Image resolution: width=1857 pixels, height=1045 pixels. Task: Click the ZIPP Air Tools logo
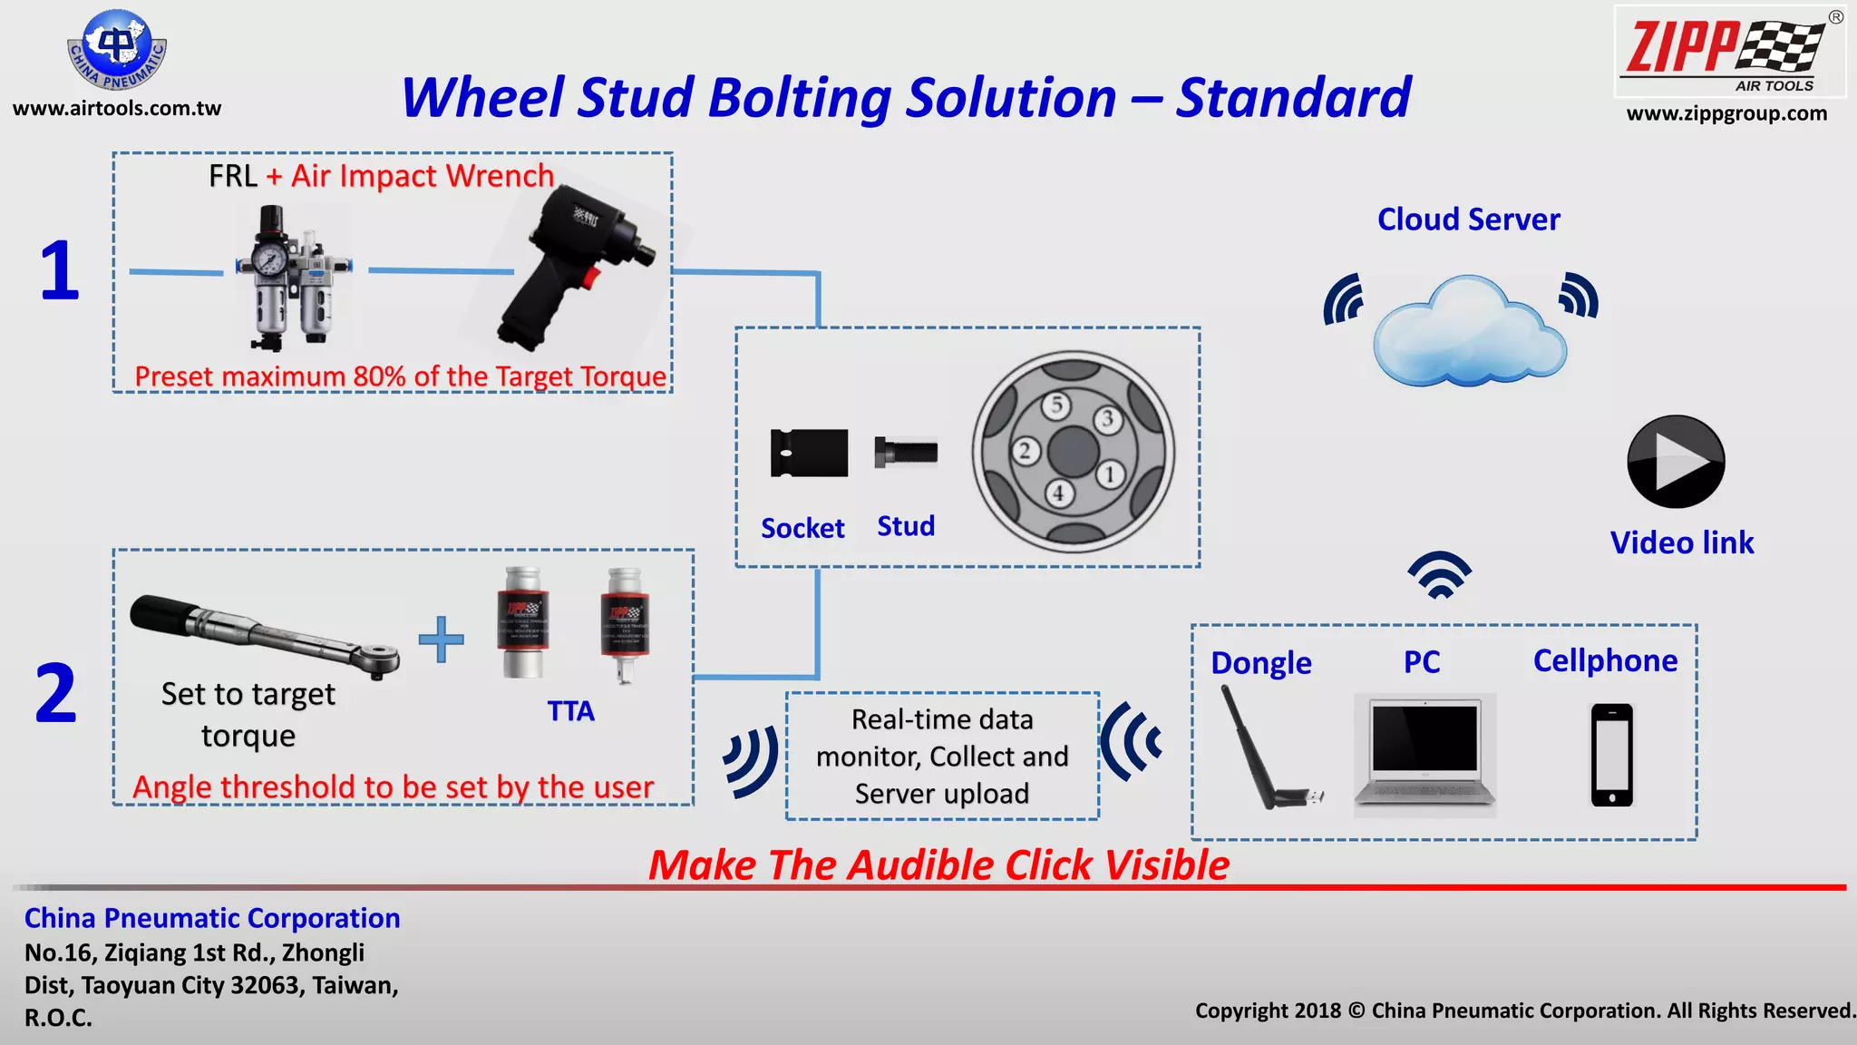1729,52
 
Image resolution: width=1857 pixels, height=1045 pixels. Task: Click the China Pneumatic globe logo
117,50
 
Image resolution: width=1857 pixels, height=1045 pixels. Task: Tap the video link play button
1676,462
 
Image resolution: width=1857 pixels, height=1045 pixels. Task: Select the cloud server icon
1468,332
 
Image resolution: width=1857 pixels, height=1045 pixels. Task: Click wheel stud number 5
1055,405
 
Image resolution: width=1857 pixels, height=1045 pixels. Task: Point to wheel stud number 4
1058,493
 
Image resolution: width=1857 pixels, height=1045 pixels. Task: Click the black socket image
809,453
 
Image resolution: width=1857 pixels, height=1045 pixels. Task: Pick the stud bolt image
905,452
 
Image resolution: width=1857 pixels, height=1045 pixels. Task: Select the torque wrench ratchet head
378,659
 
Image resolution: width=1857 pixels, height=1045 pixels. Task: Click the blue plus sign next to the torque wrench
442,640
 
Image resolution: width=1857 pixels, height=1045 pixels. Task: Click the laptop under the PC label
1424,752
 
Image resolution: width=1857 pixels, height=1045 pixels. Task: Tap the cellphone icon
1611,755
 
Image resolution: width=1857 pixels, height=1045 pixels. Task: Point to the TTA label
570,711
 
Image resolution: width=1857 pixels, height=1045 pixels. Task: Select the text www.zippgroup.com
1726,114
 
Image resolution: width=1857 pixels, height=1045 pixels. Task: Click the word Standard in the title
1294,98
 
